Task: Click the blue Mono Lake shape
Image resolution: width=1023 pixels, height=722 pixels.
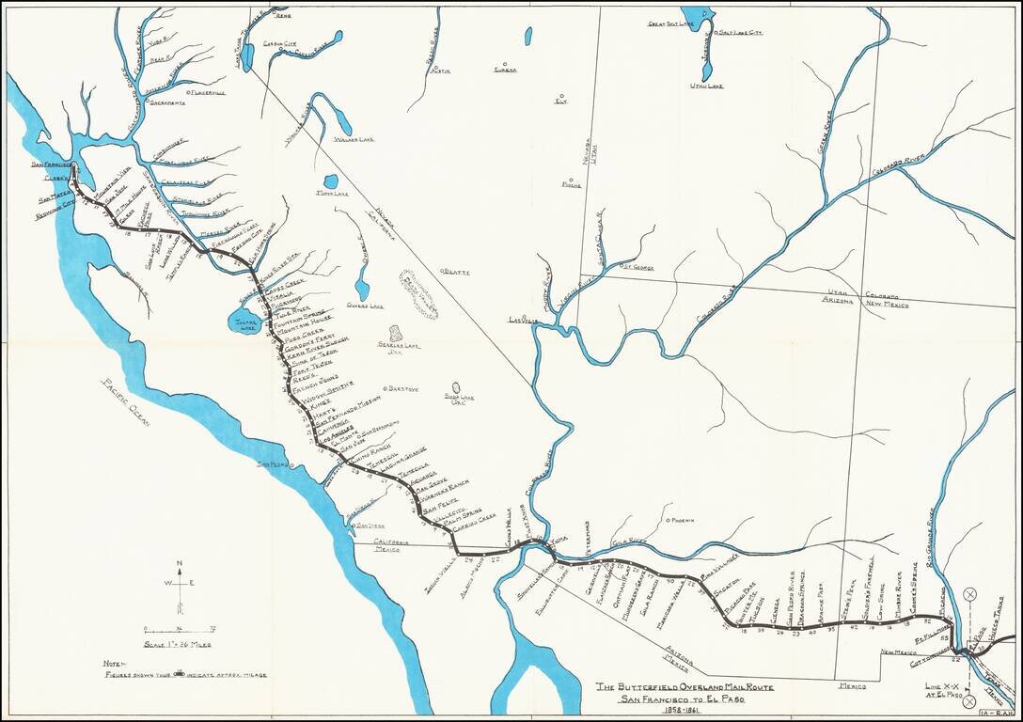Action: tap(330, 180)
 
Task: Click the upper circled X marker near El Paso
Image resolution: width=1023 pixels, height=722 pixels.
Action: tap(969, 593)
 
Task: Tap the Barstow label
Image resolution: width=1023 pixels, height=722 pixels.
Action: tap(402, 388)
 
